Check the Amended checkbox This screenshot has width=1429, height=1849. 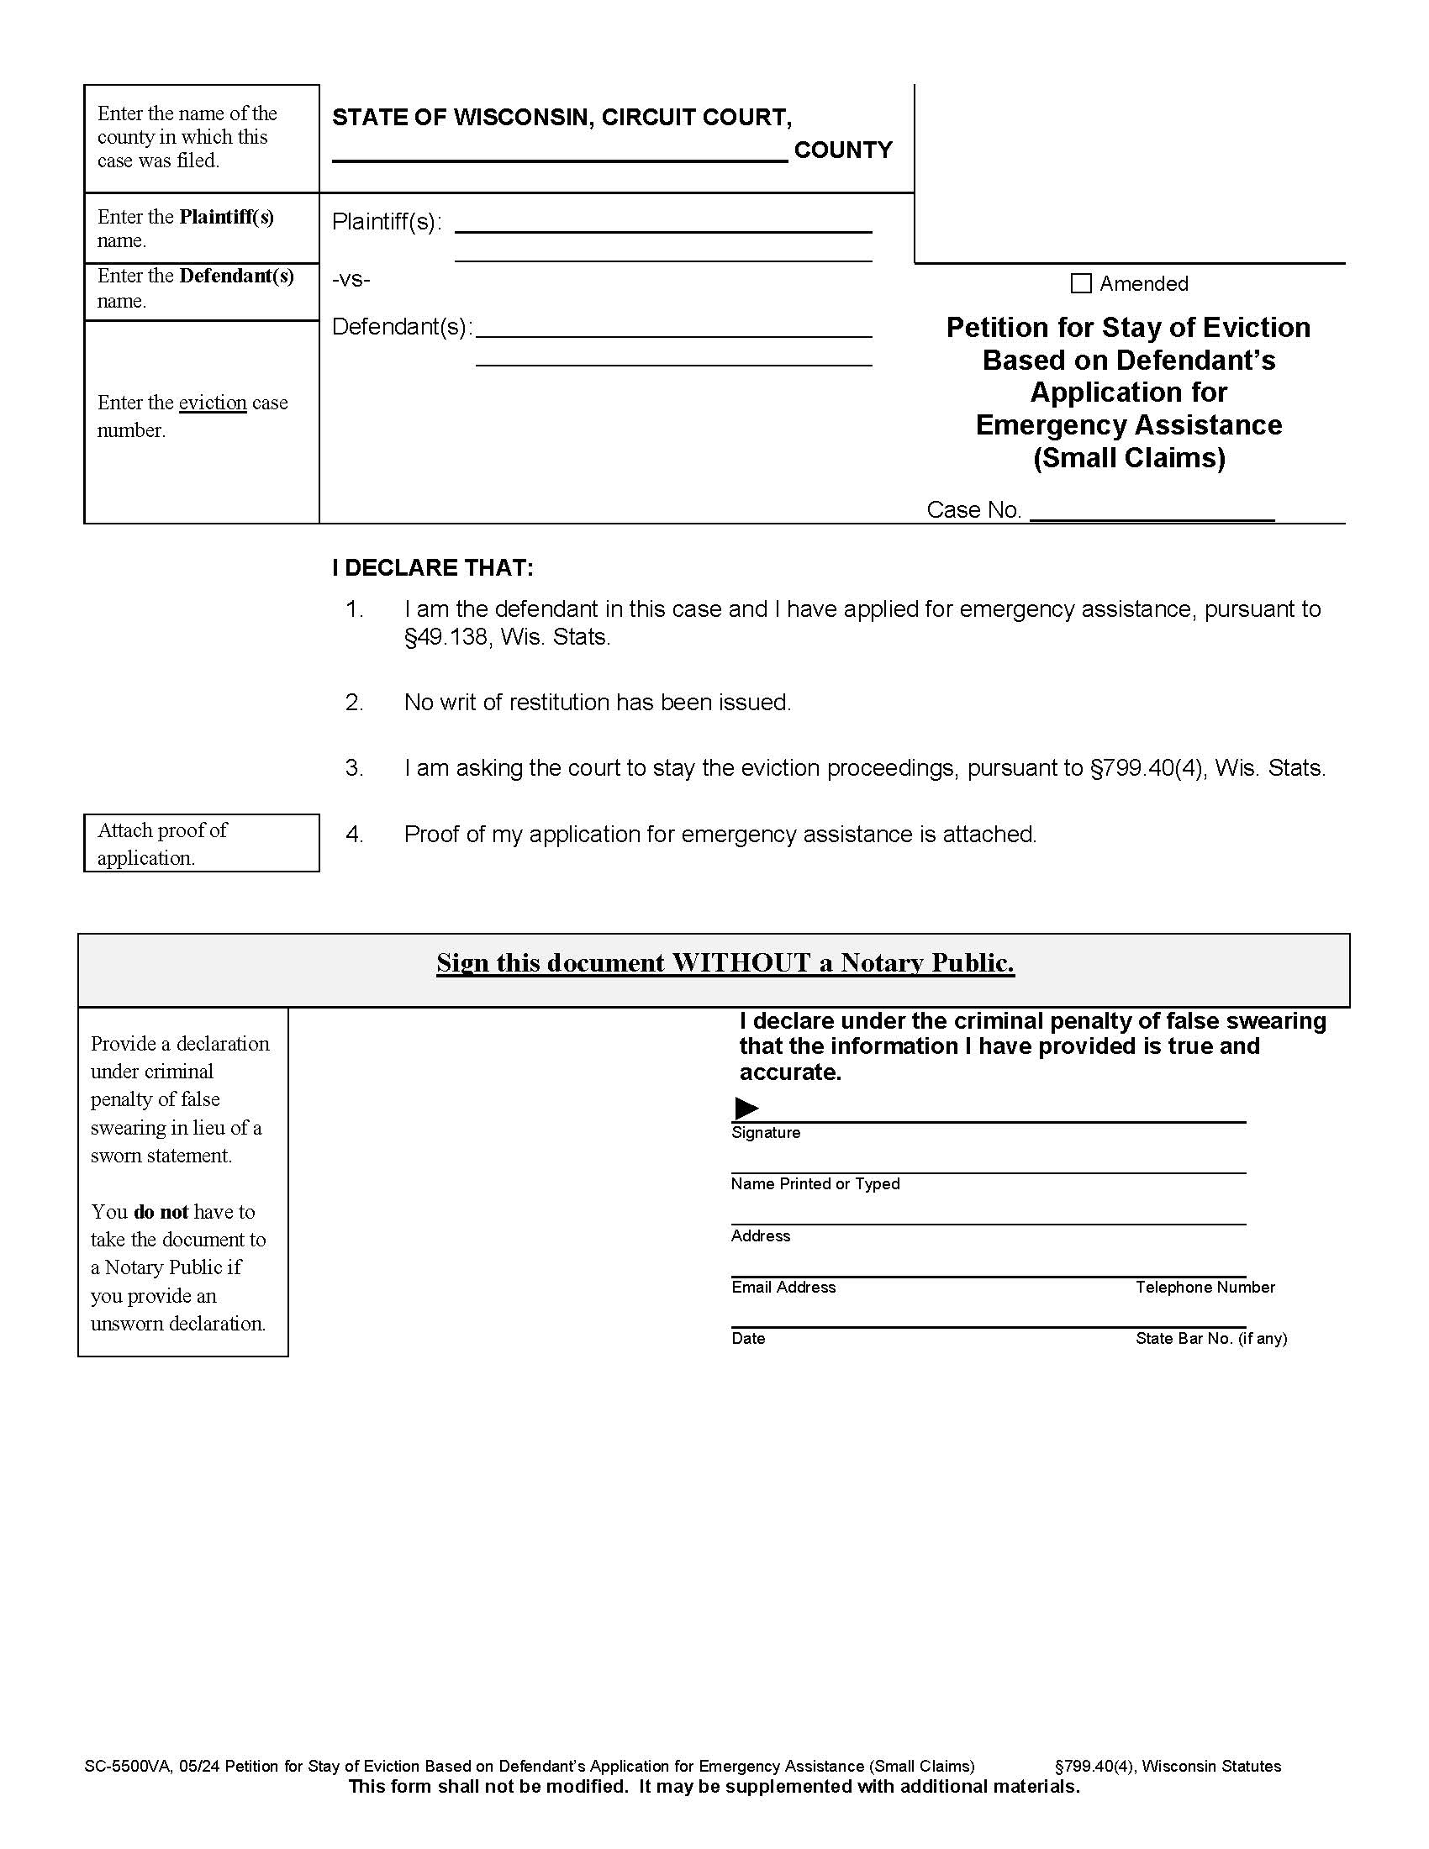tap(1081, 283)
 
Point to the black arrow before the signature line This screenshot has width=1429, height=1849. tap(746, 1108)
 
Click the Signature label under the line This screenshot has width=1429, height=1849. tap(765, 1133)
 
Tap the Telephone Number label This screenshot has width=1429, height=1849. tap(1205, 1287)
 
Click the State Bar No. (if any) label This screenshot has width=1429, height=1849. tap(1210, 1339)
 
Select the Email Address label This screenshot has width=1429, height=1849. tap(783, 1287)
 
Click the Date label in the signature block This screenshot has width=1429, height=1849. tap(748, 1339)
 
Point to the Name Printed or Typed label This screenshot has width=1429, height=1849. tap(815, 1183)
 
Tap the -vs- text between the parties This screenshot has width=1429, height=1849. tap(351, 279)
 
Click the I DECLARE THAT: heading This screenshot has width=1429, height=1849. tap(433, 567)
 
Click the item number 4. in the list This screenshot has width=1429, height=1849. tap(354, 835)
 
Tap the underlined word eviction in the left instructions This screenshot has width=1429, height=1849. tap(213, 403)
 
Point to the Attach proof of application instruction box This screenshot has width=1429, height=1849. tap(202, 843)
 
